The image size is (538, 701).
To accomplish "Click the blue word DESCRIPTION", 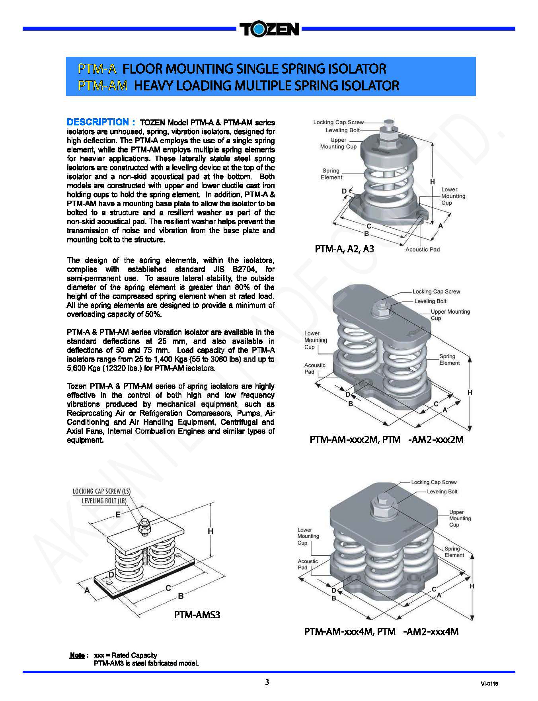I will [97, 122].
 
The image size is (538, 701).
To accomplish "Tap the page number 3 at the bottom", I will [267, 682].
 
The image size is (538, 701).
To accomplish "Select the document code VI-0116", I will [489, 684].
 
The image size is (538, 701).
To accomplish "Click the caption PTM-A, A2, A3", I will [344, 250].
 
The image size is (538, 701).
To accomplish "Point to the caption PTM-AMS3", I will [197, 615].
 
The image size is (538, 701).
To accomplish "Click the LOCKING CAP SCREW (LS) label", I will [101, 491].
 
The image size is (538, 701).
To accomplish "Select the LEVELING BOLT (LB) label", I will [104, 501].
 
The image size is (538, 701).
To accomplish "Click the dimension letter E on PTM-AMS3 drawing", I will [118, 515].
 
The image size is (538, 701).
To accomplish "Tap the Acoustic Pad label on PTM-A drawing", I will [422, 250].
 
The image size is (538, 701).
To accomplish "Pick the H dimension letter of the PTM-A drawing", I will [433, 182].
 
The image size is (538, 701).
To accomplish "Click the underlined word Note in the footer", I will [77, 655].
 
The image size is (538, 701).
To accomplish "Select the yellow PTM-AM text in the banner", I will [103, 86].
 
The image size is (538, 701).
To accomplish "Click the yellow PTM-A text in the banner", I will [97, 69].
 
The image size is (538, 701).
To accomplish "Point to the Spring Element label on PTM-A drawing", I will [331, 174].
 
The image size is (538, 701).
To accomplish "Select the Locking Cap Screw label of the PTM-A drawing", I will [338, 122].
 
